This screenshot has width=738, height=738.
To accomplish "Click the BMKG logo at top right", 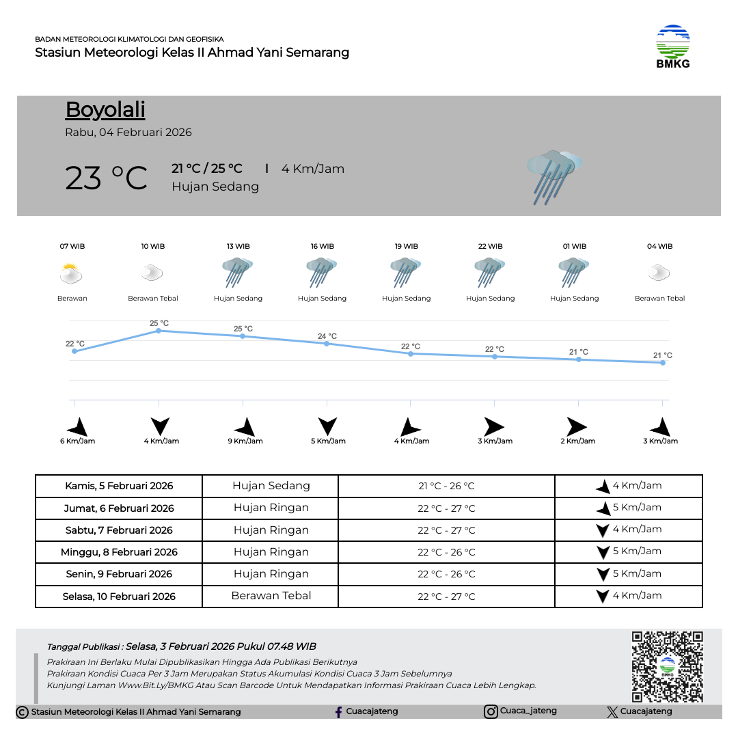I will (673, 46).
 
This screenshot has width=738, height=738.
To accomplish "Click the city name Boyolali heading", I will (105, 110).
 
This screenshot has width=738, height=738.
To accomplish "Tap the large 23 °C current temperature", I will (106, 178).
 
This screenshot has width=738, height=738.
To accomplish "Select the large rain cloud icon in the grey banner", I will (553, 176).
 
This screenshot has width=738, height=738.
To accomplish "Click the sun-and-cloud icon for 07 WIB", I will (71, 274).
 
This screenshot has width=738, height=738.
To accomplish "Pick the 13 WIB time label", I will (238, 246).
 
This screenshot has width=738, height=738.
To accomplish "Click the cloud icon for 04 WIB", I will (659, 273).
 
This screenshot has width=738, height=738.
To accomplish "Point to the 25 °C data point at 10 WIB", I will (159, 331).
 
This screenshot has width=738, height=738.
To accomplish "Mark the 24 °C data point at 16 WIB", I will (327, 344).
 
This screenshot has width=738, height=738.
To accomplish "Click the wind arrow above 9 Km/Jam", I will (245, 427).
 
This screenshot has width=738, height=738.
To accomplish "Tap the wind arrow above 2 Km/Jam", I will (575, 427).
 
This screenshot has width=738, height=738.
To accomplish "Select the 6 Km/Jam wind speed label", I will (77, 441).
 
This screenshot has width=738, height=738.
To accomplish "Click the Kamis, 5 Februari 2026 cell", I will (119, 487).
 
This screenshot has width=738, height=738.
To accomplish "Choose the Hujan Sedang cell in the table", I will (271, 486).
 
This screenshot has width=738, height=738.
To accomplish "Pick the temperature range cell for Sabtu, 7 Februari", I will (446, 530).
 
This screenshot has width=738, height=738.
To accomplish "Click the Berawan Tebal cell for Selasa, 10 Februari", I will (271, 596).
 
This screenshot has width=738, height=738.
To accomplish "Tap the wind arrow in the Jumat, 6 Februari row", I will (603, 508).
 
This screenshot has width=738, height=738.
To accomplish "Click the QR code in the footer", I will (667, 666).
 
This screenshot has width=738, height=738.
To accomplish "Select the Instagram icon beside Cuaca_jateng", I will (491, 711).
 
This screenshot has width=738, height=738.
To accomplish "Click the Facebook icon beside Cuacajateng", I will (338, 712).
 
